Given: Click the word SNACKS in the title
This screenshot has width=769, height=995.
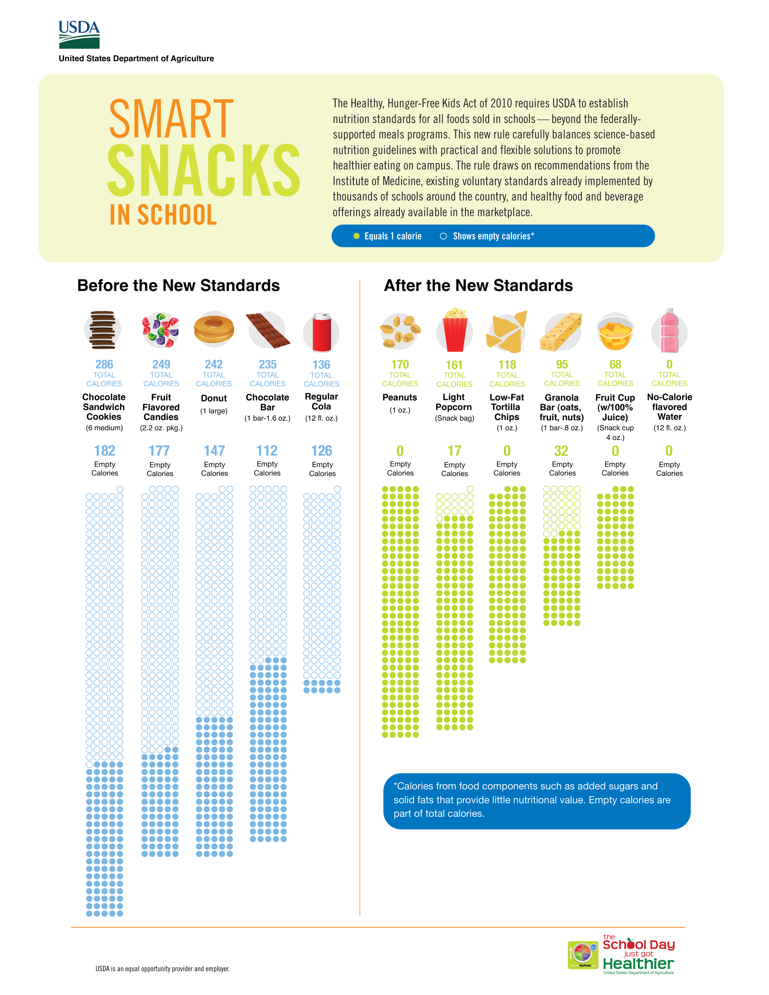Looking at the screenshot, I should pyautogui.click(x=204, y=171).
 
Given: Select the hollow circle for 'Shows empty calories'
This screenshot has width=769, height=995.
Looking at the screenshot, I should pyautogui.click(x=443, y=236).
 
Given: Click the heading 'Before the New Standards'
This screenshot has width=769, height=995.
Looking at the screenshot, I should pyautogui.click(x=178, y=286).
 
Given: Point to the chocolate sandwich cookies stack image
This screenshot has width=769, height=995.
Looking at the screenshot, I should pyautogui.click(x=103, y=330).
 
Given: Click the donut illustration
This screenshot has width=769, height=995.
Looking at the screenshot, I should pyautogui.click(x=214, y=329).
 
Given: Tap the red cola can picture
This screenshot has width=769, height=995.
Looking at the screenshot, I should pyautogui.click(x=322, y=333).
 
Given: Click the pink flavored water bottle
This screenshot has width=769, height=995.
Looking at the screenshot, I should pyautogui.click(x=669, y=331).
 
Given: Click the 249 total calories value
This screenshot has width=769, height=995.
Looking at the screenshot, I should pyautogui.click(x=161, y=365).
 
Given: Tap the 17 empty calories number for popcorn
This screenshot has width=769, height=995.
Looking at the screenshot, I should pyautogui.click(x=454, y=451).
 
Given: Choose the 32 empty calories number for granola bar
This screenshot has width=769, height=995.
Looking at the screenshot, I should pyautogui.click(x=561, y=451).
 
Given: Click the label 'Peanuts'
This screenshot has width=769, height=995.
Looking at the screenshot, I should pyautogui.click(x=400, y=397).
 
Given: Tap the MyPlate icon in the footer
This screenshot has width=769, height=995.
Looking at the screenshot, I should pyautogui.click(x=583, y=955).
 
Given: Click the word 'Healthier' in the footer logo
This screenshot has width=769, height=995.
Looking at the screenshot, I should pyautogui.click(x=638, y=964).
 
